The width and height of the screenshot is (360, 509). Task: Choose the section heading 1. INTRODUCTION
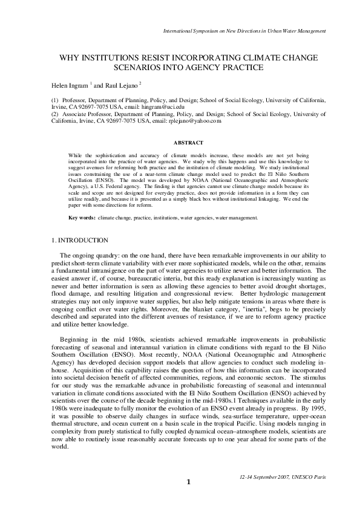click(x=80, y=241)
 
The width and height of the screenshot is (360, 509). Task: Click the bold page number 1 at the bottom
click(x=188, y=499)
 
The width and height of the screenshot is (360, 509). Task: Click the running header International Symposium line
click(x=245, y=30)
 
